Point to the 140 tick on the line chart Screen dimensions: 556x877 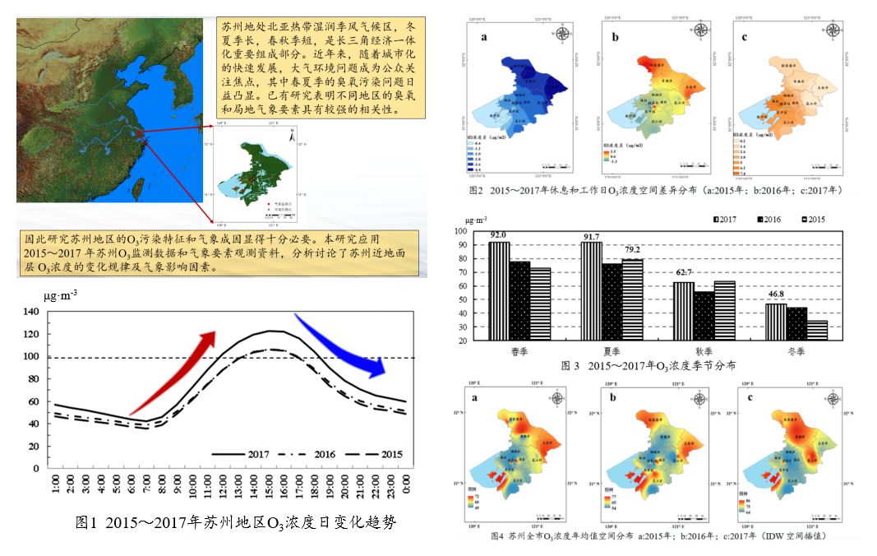point(30,313)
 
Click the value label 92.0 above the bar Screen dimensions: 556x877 point(498,235)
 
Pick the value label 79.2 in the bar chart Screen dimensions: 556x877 point(631,250)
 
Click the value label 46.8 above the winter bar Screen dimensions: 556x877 point(775,294)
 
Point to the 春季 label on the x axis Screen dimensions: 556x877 point(519,350)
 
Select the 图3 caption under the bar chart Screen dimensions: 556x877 point(649,365)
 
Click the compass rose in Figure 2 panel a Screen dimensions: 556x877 point(564,34)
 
